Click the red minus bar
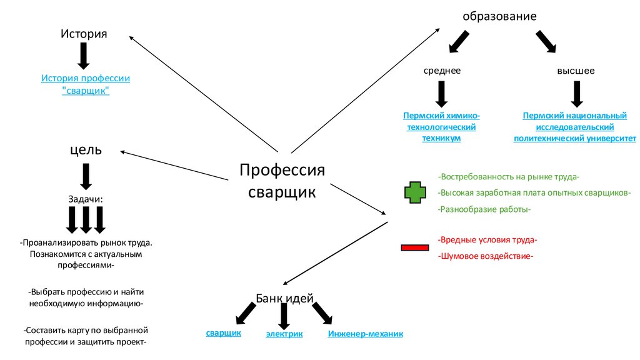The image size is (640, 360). coord(414,248)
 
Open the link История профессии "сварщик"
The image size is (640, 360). coord(86,84)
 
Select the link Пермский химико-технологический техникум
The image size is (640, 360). coord(441,127)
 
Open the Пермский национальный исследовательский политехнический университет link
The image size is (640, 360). coord(574,127)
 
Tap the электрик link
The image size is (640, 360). coord(284,334)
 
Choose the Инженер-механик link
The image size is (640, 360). coord(366,334)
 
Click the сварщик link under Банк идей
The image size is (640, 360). coord(224,333)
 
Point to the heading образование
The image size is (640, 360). coord(499,16)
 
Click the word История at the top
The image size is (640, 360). coord(84,33)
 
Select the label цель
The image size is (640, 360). coord(86,149)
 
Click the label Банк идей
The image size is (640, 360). coord(284,298)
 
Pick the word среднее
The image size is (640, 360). coord(442,71)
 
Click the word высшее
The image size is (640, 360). coord(576,71)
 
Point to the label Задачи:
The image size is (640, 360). coord(86,199)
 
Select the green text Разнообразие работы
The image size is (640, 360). coord(484,209)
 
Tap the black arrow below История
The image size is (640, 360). coord(84,56)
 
